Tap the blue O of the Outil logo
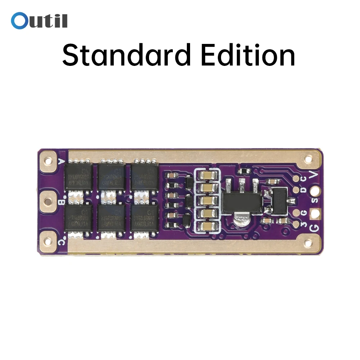tap(18, 21)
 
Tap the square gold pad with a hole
tap(316, 213)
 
